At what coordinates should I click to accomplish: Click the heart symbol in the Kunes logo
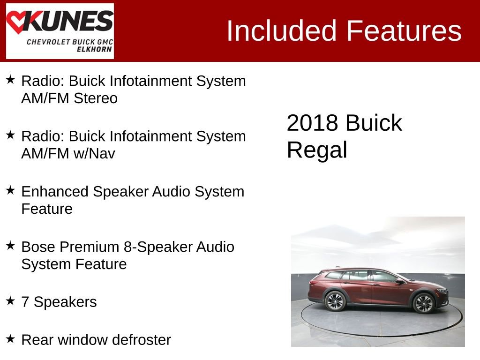pyautogui.click(x=18, y=22)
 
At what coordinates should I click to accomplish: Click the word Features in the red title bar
pyautogui.click(x=404, y=31)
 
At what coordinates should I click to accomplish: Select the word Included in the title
pyautogui.click(x=282, y=31)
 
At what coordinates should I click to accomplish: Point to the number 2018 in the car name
pyautogui.click(x=312, y=123)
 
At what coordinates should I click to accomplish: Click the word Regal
pyautogui.click(x=317, y=150)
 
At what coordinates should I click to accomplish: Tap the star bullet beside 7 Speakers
pyautogui.click(x=10, y=301)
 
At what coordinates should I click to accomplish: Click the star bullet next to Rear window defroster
pyautogui.click(x=10, y=338)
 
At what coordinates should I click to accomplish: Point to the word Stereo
pyautogui.click(x=96, y=99)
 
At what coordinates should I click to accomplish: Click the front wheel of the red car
pyautogui.click(x=423, y=303)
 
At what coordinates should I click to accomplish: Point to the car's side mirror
pyautogui.click(x=399, y=281)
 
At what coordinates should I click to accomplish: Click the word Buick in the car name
pyautogui.click(x=374, y=123)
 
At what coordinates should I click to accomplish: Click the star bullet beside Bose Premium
pyautogui.click(x=10, y=246)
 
